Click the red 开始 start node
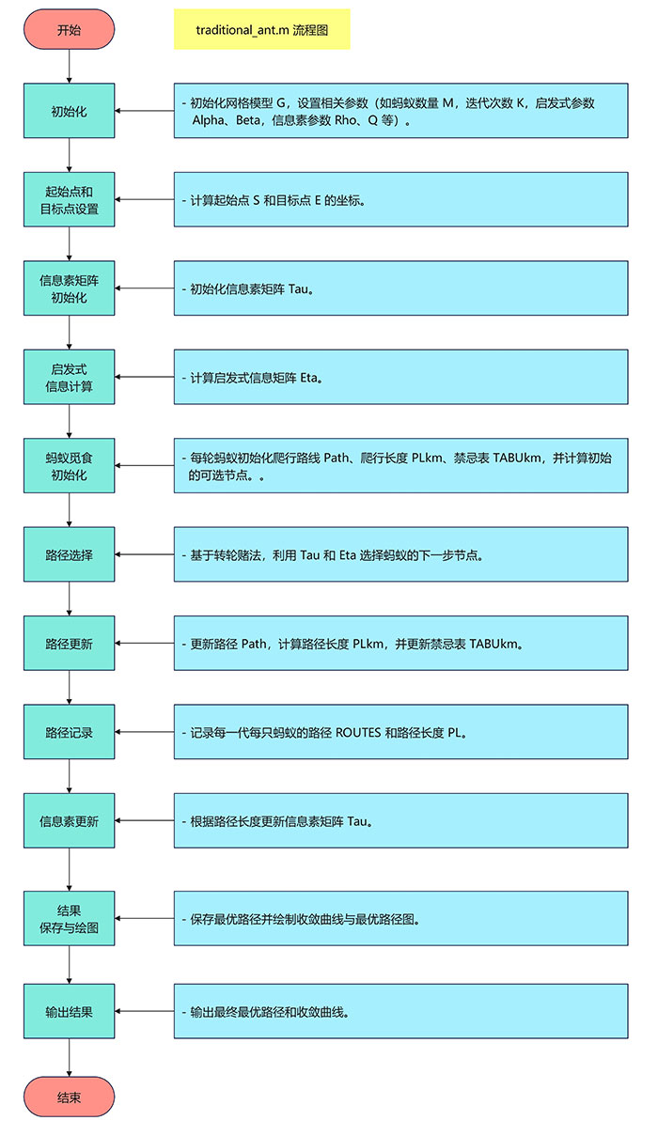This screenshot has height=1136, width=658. [69, 29]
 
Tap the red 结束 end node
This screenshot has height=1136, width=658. [69, 1097]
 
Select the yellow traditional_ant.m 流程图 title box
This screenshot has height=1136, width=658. [261, 30]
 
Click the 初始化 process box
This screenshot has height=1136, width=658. [69, 111]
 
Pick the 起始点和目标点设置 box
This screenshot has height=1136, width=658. [69, 200]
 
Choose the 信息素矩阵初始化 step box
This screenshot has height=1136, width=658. [69, 288]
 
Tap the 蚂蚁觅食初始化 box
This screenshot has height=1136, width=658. [69, 466]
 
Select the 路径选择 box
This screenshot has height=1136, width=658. [69, 554]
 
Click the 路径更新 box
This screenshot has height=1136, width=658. [69, 644]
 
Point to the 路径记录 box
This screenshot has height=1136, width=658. [69, 732]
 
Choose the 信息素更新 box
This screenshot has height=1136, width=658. [69, 820]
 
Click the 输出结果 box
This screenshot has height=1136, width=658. [69, 1012]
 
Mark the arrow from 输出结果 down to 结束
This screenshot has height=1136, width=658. [69, 1057]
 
